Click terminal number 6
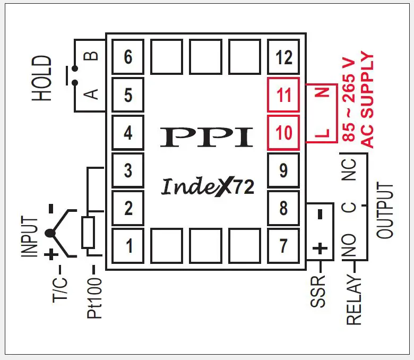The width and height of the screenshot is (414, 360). pyautogui.click(x=128, y=57)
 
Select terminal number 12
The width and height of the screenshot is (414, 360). pyautogui.click(x=284, y=57)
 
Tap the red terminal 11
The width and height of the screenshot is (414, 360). pyautogui.click(x=284, y=95)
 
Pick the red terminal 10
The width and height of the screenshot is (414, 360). pyautogui.click(x=284, y=133)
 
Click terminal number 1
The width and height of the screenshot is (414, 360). pyautogui.click(x=128, y=246)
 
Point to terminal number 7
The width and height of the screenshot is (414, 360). pyautogui.click(x=284, y=246)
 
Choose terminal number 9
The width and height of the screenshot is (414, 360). pyautogui.click(x=284, y=170)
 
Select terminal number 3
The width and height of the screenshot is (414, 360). pyautogui.click(x=128, y=170)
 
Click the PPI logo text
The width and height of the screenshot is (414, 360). pyautogui.click(x=206, y=136)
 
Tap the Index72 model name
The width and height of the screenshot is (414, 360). pyautogui.click(x=207, y=186)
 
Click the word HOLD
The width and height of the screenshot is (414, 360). pyautogui.click(x=42, y=79)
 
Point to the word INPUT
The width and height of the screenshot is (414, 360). pyautogui.click(x=31, y=237)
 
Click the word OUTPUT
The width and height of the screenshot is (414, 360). pyautogui.click(x=385, y=211)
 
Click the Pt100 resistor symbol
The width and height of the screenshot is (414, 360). pyautogui.click(x=88, y=232)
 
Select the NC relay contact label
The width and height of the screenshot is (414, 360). pyautogui.click(x=350, y=169)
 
